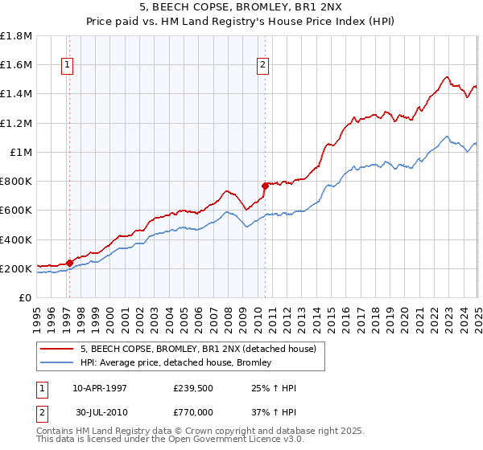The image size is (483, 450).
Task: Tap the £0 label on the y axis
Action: pyautogui.click(x=26, y=298)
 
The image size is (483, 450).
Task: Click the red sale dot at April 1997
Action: pyautogui.click(x=69, y=263)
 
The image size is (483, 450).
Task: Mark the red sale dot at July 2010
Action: pyautogui.click(x=265, y=186)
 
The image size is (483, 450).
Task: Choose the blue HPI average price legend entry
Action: pyautogui.click(x=175, y=363)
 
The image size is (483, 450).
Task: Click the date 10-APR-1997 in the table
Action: pyautogui.click(x=100, y=387)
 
